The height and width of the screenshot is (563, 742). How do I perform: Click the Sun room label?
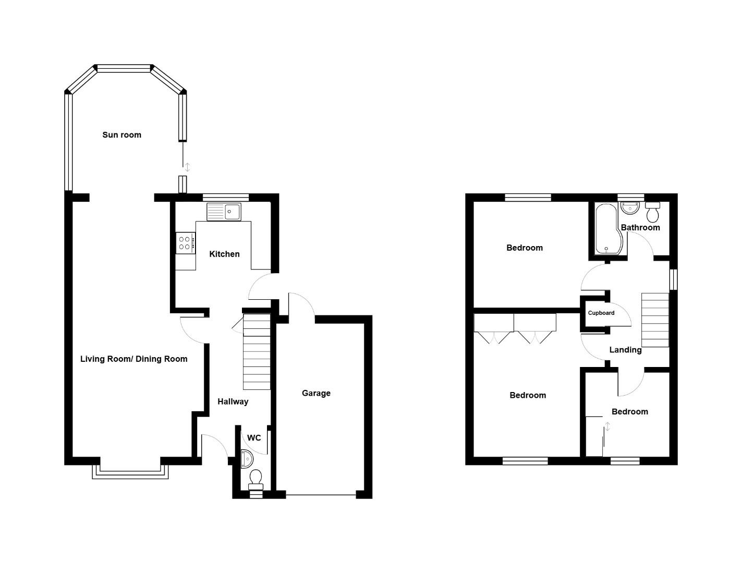[121, 134]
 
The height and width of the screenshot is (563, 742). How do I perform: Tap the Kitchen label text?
[224, 254]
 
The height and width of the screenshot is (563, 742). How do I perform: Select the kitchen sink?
[224, 212]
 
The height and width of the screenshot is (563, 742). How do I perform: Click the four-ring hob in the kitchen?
[185, 242]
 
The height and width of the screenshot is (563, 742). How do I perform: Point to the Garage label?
[316, 393]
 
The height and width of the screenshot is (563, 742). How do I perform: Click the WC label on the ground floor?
[254, 437]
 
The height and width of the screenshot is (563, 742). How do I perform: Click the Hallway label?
[233, 401]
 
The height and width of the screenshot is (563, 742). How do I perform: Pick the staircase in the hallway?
[257, 351]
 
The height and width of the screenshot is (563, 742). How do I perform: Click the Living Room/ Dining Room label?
[133, 359]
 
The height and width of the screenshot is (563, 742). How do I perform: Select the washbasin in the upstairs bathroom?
[630, 208]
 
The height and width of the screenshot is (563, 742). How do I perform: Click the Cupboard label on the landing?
[601, 313]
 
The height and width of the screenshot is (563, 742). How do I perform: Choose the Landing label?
[625, 350]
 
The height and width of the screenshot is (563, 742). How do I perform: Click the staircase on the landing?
[655, 320]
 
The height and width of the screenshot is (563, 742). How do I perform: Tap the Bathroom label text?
[640, 227]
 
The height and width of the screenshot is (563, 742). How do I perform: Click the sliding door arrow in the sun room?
[188, 167]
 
